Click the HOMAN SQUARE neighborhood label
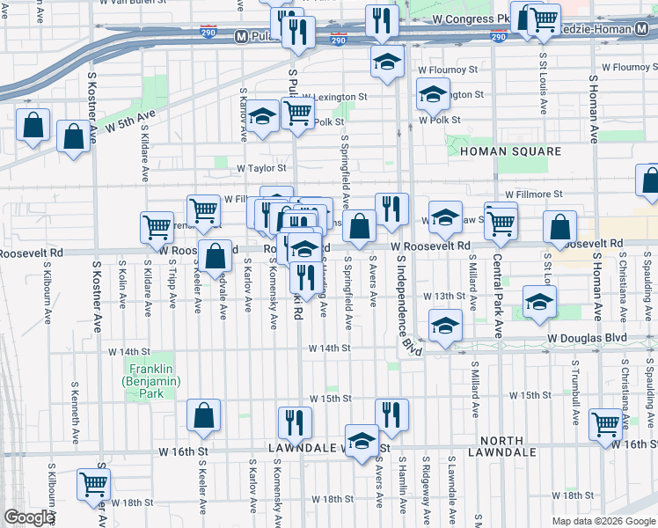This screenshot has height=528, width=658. tap(510, 151)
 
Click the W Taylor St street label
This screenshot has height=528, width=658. tap(262, 167)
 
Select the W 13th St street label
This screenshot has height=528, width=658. tap(442, 297)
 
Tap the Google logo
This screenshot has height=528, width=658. tap(30, 517)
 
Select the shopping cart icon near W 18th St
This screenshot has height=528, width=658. tap(93, 482)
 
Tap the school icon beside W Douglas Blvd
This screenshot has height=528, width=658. tap(446, 326)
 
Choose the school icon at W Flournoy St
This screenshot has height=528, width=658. tap(385, 62)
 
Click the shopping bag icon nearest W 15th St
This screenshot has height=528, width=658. tap(203, 416)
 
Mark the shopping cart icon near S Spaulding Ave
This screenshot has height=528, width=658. tap(606, 424)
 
